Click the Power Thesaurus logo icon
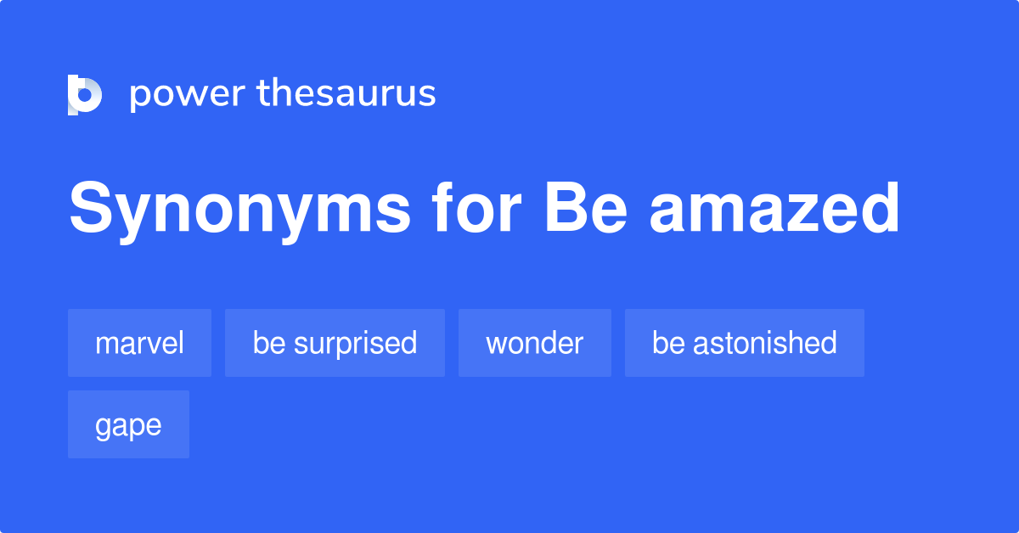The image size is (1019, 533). coord(85,93)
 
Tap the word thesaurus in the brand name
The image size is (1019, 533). coord(346,93)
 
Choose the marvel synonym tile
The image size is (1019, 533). coord(139,343)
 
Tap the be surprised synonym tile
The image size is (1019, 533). coord(335,343)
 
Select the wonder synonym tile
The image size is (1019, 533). coord(534,343)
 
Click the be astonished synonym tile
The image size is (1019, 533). coord(744,343)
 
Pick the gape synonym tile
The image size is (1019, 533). coord(128,424)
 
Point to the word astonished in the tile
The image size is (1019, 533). coord(764,343)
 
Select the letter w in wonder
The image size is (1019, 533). coord(496,345)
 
